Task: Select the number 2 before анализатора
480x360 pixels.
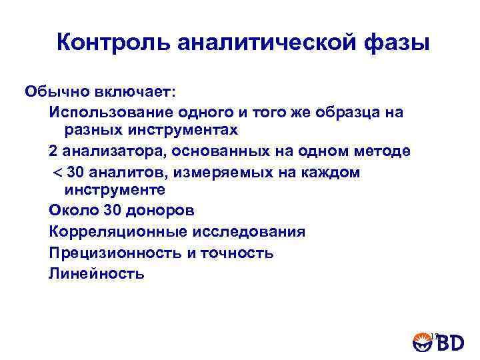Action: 53,151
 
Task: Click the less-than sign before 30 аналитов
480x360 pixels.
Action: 57,173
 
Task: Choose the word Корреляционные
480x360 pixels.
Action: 119,232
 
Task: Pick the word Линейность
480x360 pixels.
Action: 96,273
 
